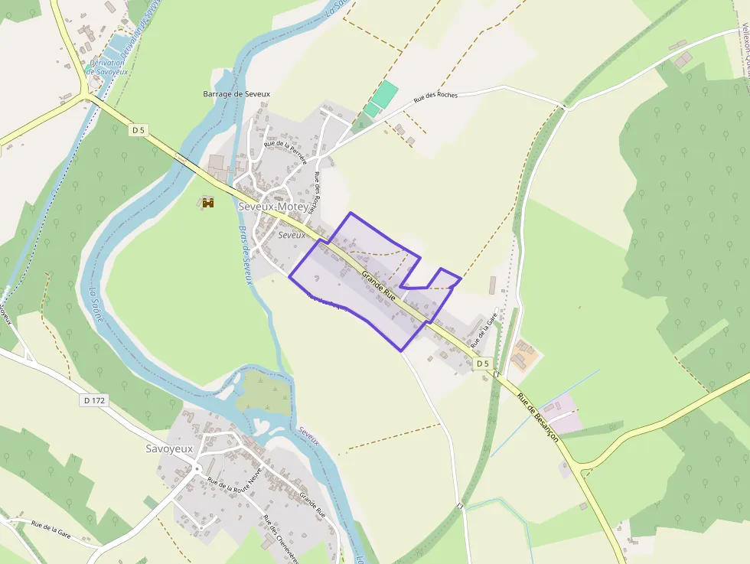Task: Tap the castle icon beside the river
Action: click(x=207, y=202)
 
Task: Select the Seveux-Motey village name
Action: click(x=273, y=207)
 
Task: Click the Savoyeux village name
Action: click(x=168, y=448)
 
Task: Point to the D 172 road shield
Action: click(x=94, y=400)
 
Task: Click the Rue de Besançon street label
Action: click(x=537, y=418)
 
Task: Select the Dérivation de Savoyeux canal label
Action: click(x=106, y=67)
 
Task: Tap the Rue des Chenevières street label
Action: click(x=281, y=540)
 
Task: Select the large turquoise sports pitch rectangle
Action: click(x=385, y=95)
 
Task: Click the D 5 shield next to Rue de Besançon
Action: click(x=481, y=364)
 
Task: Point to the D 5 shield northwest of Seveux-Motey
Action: click(x=138, y=130)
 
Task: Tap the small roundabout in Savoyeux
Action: click(x=197, y=468)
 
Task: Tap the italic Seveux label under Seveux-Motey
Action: click(x=292, y=235)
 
